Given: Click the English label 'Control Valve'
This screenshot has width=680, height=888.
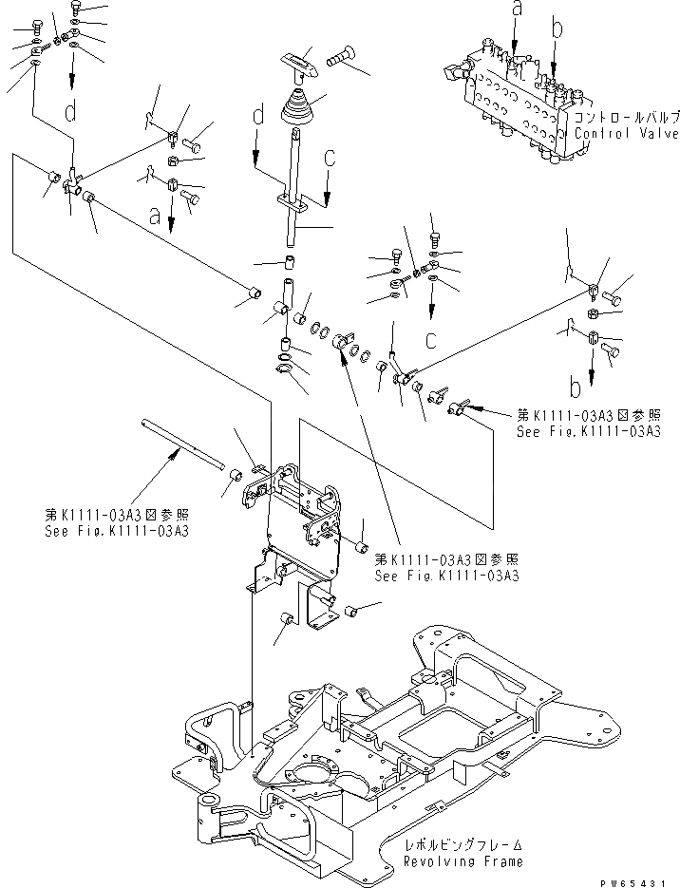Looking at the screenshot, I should point(627,134).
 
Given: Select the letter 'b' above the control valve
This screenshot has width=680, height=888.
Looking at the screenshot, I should point(557,29).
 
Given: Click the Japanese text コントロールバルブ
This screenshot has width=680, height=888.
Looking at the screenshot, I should point(627,118).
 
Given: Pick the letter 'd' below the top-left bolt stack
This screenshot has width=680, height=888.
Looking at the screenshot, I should point(70,112).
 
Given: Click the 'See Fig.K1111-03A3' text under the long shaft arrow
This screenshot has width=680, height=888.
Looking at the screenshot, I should point(117,530).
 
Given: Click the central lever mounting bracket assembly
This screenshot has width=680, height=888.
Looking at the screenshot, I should point(299,518).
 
